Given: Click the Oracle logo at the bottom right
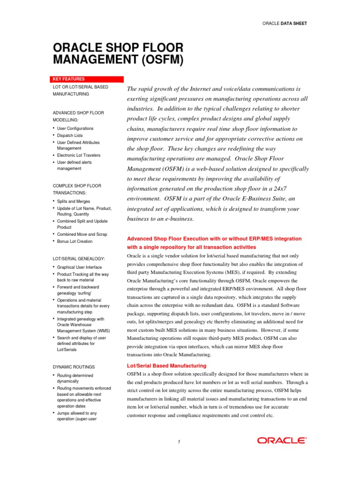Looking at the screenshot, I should [282, 440].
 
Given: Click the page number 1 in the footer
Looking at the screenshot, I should [179, 441].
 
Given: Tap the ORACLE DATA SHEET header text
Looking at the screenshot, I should [285, 23].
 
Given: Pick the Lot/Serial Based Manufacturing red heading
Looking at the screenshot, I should [166, 365].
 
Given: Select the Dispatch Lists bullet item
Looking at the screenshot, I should [70, 135].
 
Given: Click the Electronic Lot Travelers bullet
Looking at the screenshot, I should [78, 155].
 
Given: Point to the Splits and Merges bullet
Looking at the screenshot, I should [74, 201].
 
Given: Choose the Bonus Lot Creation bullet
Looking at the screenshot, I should [75, 241].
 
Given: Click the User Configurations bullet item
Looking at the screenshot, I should [75, 128].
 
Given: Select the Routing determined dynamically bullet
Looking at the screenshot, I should [75, 378].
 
